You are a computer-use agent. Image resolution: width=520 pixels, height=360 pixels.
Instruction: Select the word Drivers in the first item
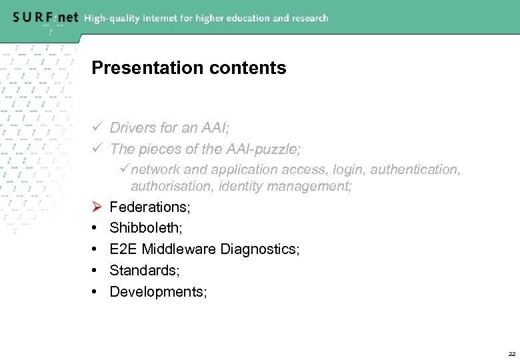point(131,127)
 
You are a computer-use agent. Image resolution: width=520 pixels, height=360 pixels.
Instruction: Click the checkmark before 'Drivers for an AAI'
point(96,127)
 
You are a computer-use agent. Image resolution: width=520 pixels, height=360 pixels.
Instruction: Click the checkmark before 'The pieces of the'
point(96,149)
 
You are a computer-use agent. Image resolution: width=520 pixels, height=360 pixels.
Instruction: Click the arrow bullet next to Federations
point(96,207)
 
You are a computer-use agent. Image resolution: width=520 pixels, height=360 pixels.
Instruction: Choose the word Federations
point(150,207)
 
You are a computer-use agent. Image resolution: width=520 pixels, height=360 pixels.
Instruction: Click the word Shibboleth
point(145,229)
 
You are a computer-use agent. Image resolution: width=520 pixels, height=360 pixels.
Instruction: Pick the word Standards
point(143,271)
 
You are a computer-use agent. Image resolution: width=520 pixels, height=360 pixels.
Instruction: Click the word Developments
point(158,293)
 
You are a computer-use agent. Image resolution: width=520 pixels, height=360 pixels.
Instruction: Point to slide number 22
point(511,353)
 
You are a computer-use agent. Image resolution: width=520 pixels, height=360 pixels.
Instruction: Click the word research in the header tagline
point(307,18)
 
